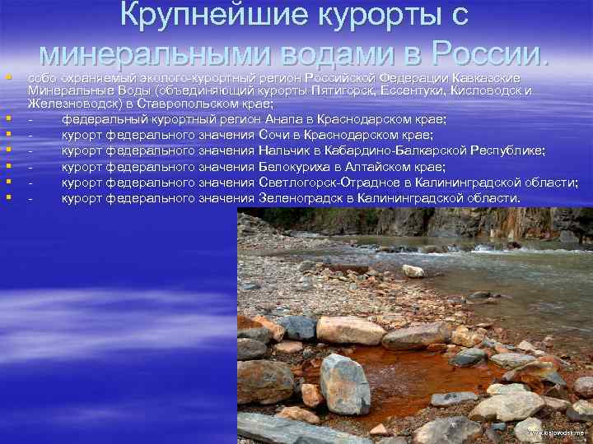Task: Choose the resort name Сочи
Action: point(273,135)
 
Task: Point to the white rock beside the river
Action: point(413,271)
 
